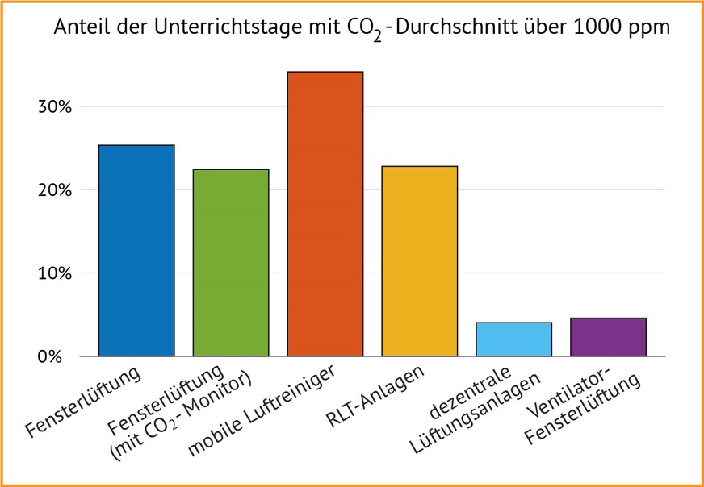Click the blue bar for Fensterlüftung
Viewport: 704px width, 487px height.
[136, 251]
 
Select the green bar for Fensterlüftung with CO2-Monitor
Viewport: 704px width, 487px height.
[231, 263]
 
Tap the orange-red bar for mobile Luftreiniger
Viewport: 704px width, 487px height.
[325, 214]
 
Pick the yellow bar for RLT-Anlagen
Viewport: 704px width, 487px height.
[420, 261]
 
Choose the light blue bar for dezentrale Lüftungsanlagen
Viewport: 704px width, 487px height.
[514, 339]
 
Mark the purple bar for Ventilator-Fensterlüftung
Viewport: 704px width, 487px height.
[608, 337]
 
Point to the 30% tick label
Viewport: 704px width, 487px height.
[57, 106]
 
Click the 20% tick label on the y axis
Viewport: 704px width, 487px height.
[57, 190]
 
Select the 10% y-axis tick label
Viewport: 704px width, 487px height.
[57, 273]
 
